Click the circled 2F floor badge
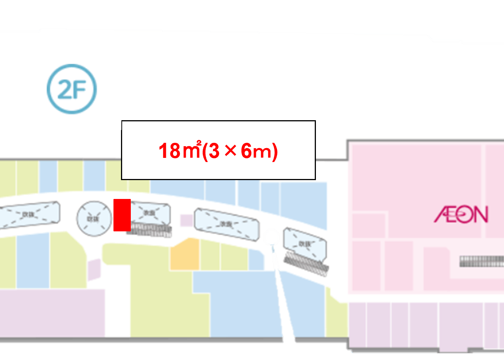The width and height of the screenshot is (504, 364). (72, 89)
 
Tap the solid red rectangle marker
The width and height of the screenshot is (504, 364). (122, 215)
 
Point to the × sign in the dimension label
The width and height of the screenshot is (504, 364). (230, 151)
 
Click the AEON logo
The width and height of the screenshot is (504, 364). (461, 214)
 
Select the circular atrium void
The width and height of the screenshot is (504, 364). (94, 219)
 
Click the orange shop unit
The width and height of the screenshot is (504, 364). (185, 254)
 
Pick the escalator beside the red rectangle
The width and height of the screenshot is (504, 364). (149, 230)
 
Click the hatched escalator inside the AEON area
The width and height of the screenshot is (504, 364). (481, 261)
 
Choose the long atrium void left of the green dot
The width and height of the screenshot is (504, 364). (227, 224)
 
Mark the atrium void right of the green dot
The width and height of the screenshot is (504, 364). (305, 244)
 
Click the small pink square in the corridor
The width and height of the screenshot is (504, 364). (186, 220)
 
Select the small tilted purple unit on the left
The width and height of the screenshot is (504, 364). (94, 269)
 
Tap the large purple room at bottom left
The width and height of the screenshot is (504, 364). (52, 313)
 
